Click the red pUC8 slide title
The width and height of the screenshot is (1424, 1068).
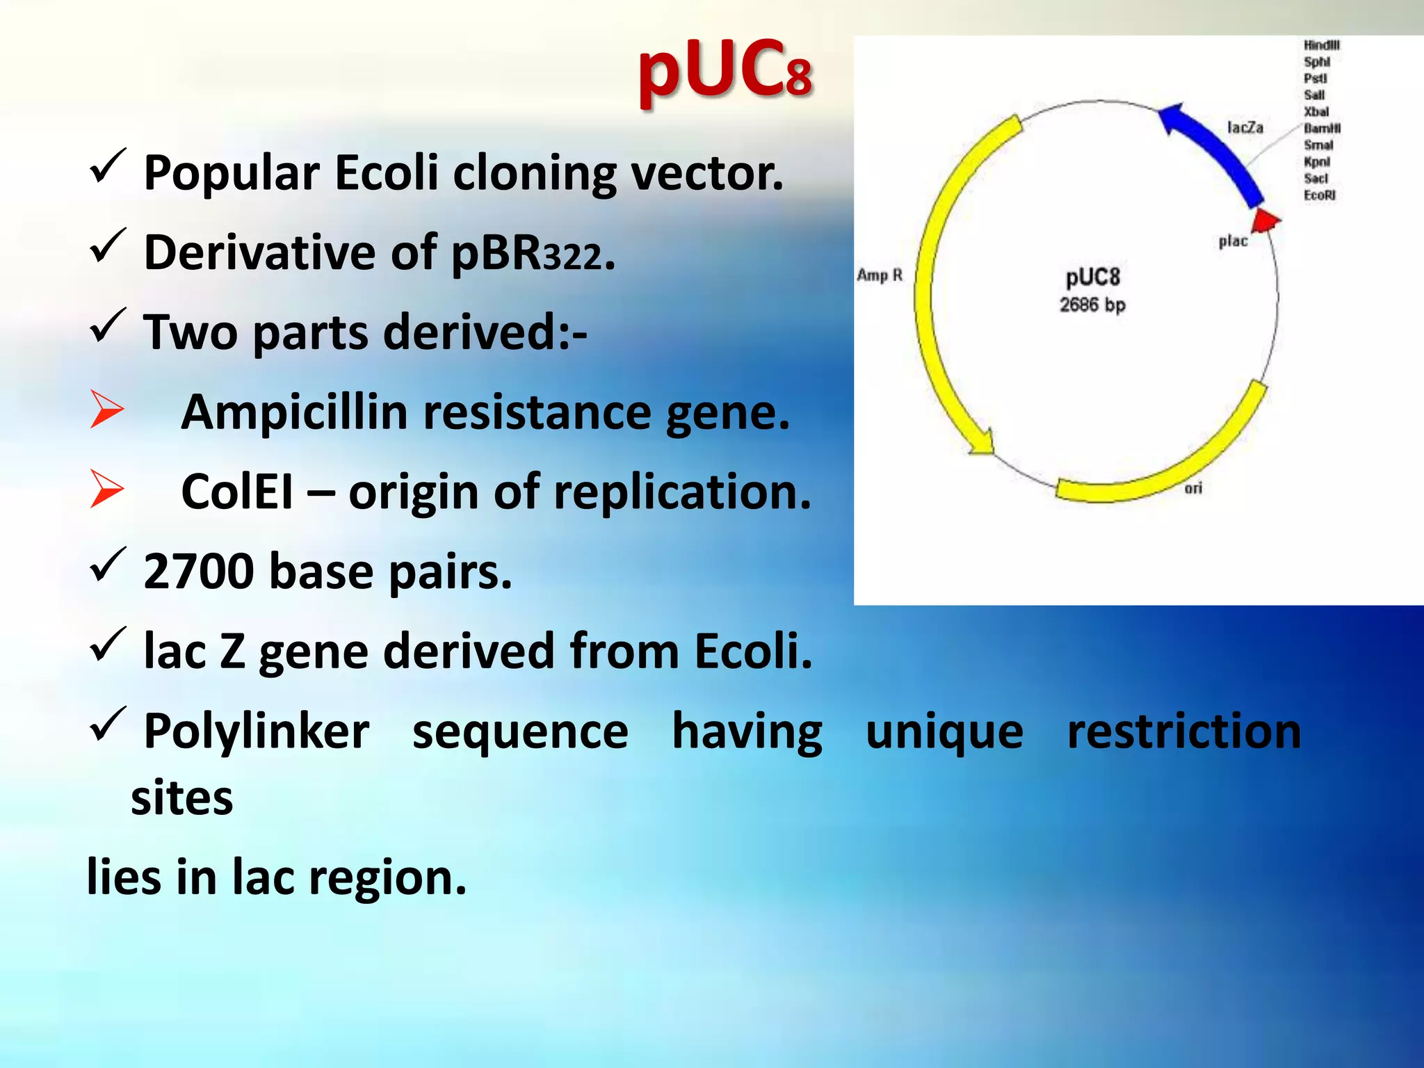[x=725, y=70]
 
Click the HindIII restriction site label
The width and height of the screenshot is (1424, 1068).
[x=1321, y=45]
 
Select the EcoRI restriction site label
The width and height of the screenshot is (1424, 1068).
[x=1319, y=195]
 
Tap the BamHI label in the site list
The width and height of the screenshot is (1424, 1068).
[x=1322, y=129]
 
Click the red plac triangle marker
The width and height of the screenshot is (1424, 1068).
[x=1265, y=221]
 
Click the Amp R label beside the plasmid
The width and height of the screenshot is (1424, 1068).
[x=880, y=275]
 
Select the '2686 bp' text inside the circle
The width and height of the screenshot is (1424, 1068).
[x=1092, y=305]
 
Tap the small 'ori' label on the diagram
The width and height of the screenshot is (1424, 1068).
[x=1193, y=488]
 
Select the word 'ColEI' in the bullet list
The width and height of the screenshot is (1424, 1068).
[x=236, y=492]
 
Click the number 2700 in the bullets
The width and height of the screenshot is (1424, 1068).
[x=199, y=572]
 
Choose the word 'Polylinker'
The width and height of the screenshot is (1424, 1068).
[x=256, y=731]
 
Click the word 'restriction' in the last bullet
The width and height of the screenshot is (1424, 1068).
[x=1183, y=731]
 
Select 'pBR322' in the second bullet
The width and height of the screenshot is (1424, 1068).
[x=526, y=253]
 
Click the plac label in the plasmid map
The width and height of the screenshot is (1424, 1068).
[x=1233, y=241]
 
